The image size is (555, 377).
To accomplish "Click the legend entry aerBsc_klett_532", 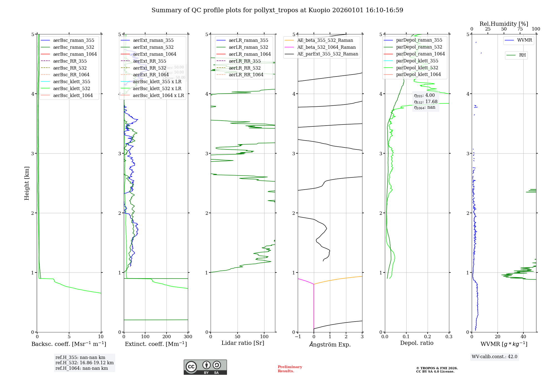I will (x=72, y=88).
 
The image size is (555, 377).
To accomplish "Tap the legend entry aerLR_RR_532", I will (x=244, y=68).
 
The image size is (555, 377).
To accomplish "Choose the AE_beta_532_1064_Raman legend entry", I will (x=326, y=47).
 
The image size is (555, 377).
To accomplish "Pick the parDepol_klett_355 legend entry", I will (x=417, y=61).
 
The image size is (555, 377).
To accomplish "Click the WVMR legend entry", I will (x=524, y=40).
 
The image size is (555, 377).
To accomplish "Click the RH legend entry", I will (x=522, y=55).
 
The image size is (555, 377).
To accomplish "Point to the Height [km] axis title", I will (x=27, y=183).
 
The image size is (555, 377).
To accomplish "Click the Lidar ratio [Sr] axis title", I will (x=243, y=343).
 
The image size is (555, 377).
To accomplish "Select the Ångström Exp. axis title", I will (x=330, y=344).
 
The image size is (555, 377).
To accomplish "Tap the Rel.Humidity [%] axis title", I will (x=504, y=24).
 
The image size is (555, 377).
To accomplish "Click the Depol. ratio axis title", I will (x=417, y=343).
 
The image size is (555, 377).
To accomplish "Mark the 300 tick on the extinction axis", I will (x=188, y=337).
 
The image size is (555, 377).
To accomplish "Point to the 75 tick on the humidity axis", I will (x=520, y=29).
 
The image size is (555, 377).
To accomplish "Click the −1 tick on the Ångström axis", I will (x=298, y=337).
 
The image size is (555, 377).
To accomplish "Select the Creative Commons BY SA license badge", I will (x=205, y=367).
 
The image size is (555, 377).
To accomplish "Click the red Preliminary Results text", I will (x=290, y=369).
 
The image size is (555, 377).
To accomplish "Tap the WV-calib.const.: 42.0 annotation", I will (x=495, y=356).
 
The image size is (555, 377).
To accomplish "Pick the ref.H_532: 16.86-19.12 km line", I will (x=84, y=363).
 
